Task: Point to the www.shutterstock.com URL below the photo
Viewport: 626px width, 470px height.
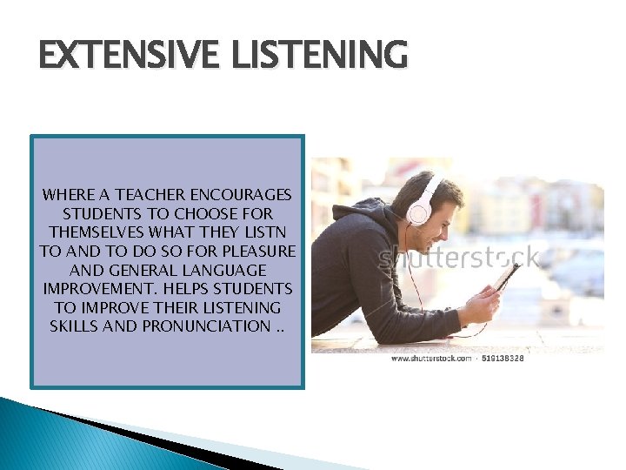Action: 430,359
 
